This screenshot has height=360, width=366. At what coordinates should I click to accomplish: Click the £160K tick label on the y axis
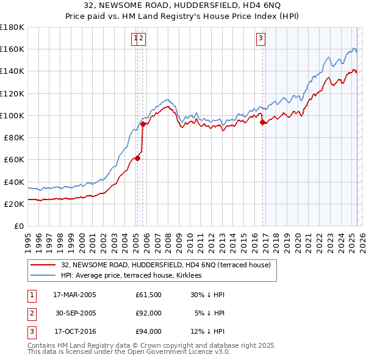point(12,49)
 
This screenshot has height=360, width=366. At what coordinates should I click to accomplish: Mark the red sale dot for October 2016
point(262,122)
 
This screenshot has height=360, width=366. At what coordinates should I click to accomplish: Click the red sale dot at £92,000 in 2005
point(143,124)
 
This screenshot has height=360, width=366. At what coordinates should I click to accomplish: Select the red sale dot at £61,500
point(137,158)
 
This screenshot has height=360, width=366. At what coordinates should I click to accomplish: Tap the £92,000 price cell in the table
point(148,313)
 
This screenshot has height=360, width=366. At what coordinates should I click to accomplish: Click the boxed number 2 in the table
point(31,313)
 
